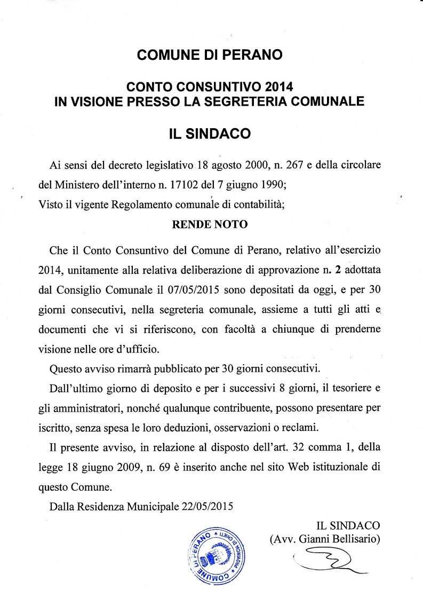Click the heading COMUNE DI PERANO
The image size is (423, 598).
coord(210,54)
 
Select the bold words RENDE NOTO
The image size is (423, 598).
coord(210,224)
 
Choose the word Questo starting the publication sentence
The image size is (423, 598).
coord(67,368)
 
